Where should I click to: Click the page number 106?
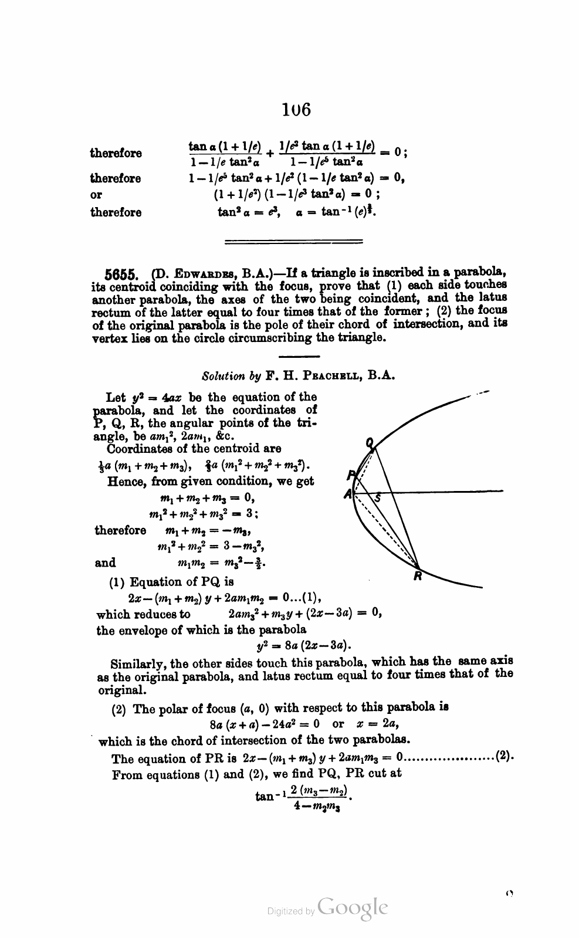[296, 109]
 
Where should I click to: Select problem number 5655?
[121, 274]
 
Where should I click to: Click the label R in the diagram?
[417, 576]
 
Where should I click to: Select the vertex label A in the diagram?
[348, 495]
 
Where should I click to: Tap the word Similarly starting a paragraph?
[140, 664]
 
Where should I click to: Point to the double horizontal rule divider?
[294, 241]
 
